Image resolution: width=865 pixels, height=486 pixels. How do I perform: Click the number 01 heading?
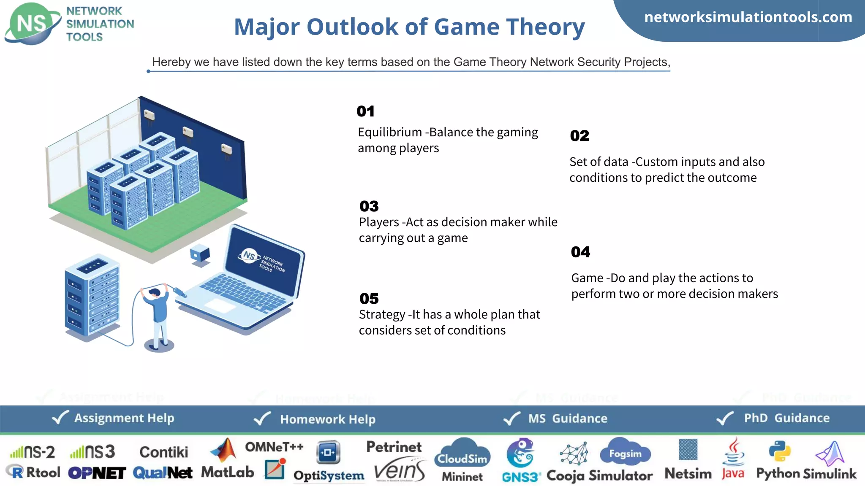point(365,111)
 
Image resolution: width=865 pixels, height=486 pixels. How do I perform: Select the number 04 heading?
point(580,252)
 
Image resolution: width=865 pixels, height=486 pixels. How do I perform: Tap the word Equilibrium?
point(389,132)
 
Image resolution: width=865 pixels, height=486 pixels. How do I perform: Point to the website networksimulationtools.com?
point(748,17)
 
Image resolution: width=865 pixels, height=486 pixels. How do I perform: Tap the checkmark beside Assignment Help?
point(60,418)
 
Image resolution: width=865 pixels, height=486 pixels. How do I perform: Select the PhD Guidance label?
point(786,418)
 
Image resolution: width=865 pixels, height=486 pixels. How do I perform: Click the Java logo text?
point(733,473)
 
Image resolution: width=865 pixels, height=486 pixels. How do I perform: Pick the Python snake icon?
point(779,451)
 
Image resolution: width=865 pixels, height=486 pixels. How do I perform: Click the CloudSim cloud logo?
point(462,453)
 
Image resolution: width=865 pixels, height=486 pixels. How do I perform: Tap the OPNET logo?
point(97,473)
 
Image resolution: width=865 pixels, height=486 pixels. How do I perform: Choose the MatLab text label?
point(227,472)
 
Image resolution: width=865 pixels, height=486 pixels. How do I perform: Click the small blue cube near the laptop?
point(200,254)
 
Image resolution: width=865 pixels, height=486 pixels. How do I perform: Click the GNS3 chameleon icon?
point(520,453)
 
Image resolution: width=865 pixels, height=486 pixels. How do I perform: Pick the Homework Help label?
point(327,419)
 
